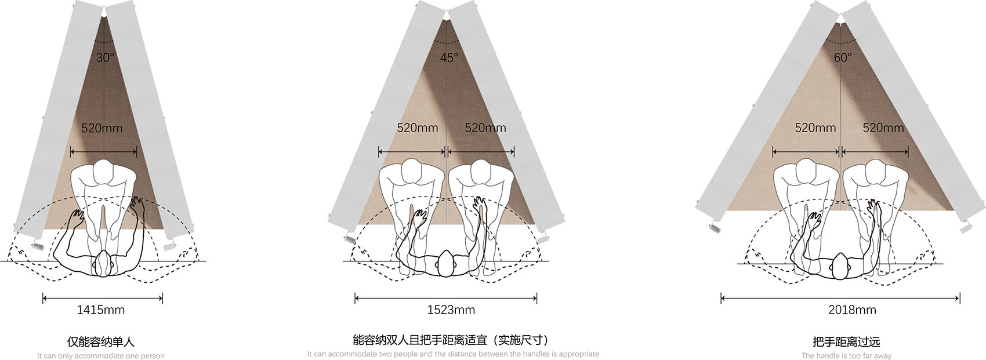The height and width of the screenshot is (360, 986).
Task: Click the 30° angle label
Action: click(x=105, y=57)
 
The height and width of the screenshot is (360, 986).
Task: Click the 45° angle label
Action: click(x=449, y=57)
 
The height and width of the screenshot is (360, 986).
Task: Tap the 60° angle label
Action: click(x=843, y=57)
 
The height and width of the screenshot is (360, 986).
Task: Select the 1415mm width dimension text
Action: click(x=101, y=310)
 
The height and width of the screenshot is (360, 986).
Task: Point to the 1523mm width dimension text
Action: click(x=451, y=310)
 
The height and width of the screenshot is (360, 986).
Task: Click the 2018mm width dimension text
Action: click(x=852, y=310)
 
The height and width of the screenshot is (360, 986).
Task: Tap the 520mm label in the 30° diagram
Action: click(x=102, y=129)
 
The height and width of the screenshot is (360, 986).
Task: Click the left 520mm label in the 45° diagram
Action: click(x=418, y=128)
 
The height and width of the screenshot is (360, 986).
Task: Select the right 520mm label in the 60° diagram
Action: click(x=883, y=128)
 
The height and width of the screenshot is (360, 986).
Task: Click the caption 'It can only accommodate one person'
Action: click(x=101, y=355)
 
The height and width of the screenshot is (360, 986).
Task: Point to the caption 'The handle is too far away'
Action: click(x=846, y=355)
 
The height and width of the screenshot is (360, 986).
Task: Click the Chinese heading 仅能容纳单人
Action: click(x=101, y=341)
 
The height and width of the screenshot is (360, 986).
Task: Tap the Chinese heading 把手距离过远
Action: click(x=846, y=341)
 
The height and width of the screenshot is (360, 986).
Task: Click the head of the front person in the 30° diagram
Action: click(x=104, y=264)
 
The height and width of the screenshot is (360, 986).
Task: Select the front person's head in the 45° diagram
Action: click(x=446, y=264)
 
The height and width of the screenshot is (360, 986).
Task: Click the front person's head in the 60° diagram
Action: click(x=840, y=266)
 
